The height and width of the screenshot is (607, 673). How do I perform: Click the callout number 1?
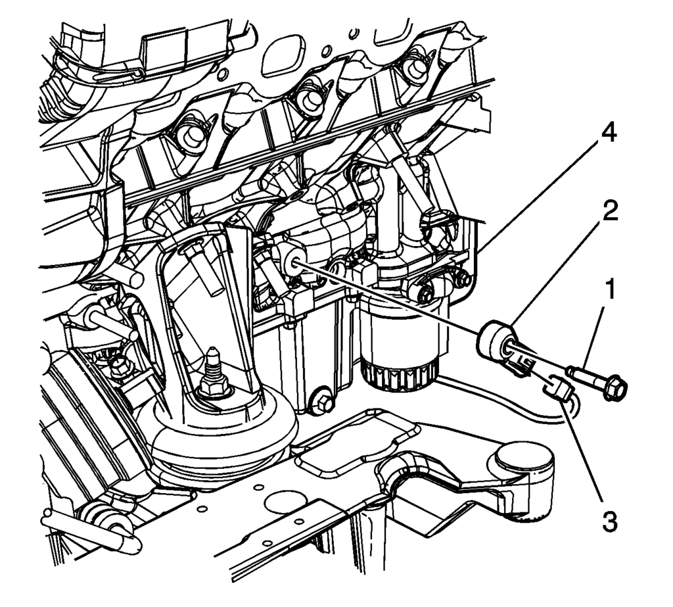(x=611, y=289)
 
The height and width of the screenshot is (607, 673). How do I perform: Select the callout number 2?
(x=611, y=211)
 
